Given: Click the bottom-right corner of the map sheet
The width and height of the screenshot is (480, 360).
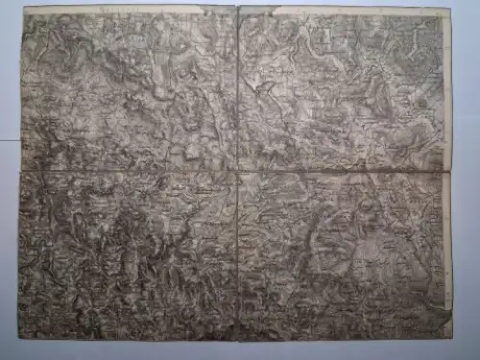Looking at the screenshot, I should pyautogui.click(x=452, y=338).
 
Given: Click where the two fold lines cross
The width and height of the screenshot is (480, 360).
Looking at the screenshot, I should pyautogui.click(x=237, y=172).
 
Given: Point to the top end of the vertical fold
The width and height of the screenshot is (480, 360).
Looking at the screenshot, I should pyautogui.click(x=237, y=7).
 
